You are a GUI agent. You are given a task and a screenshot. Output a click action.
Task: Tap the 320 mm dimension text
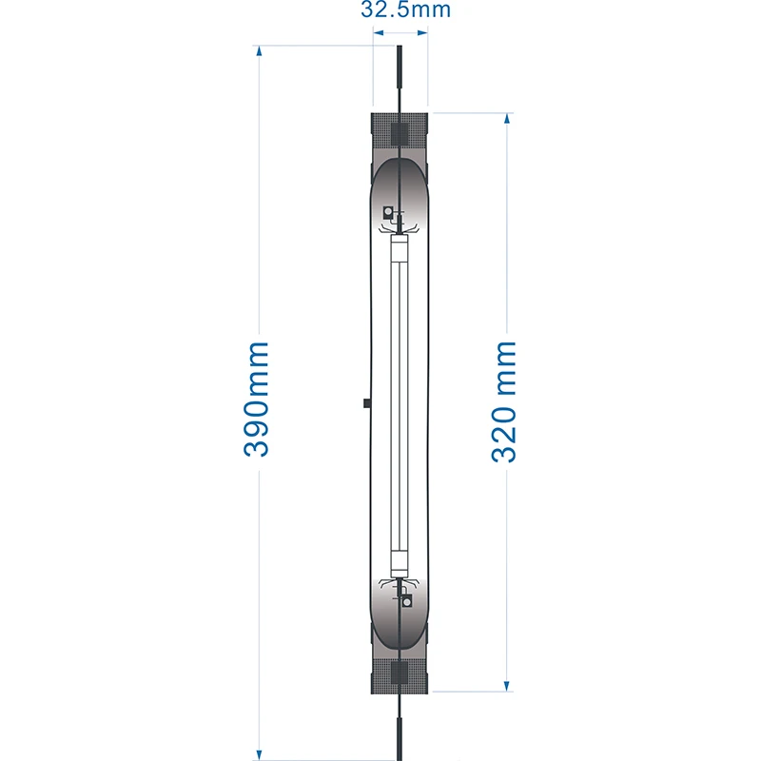point(504,400)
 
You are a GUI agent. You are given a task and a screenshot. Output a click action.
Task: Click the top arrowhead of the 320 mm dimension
point(507,120)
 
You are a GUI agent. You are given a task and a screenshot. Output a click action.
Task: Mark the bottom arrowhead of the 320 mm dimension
point(507,685)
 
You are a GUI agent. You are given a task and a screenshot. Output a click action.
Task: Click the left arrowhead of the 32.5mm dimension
point(378,32)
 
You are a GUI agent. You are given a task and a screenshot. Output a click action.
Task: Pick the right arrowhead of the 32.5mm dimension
point(423,32)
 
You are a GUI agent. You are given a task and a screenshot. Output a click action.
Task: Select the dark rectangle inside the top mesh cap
point(400,133)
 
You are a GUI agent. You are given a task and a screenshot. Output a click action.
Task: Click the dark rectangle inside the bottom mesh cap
point(400,674)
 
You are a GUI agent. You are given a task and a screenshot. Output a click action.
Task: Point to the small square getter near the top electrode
point(387,211)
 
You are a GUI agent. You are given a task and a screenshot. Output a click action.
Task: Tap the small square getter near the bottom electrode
point(408,601)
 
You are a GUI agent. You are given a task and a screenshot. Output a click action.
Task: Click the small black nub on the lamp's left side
point(366,403)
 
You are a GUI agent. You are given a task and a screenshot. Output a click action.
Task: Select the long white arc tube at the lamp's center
point(400,404)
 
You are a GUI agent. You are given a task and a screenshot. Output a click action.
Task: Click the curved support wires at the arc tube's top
point(400,229)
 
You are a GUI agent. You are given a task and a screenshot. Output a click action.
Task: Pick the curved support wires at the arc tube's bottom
point(400,581)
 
